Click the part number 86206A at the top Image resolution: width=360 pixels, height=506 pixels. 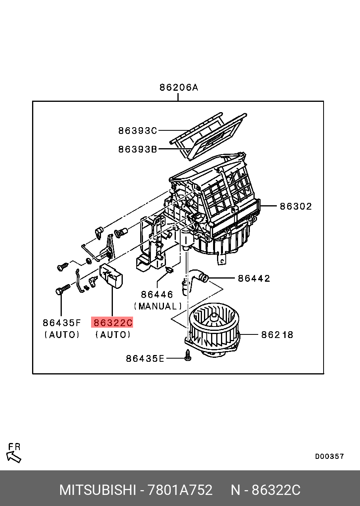(x=179, y=87)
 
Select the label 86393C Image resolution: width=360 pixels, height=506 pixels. (x=137, y=130)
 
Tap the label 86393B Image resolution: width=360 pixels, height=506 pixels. (x=137, y=149)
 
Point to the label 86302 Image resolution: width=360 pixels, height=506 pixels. (x=296, y=206)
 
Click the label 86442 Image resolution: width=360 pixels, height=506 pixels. (x=254, y=278)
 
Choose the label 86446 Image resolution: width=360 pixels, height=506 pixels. (x=157, y=294)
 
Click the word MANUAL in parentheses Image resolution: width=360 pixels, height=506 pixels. (x=158, y=306)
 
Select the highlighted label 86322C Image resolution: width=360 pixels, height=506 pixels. (x=112, y=323)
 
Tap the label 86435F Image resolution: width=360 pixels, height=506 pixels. (x=62, y=323)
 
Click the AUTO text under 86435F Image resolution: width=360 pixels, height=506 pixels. (x=62, y=335)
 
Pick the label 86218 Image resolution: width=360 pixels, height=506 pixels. (x=277, y=335)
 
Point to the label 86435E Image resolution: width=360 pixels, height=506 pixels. (x=145, y=359)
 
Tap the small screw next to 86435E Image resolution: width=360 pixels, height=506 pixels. (x=188, y=356)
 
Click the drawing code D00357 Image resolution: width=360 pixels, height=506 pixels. (x=330, y=456)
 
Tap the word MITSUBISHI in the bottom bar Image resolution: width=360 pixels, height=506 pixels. (x=97, y=490)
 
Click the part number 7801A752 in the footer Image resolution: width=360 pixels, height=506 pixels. (x=180, y=490)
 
